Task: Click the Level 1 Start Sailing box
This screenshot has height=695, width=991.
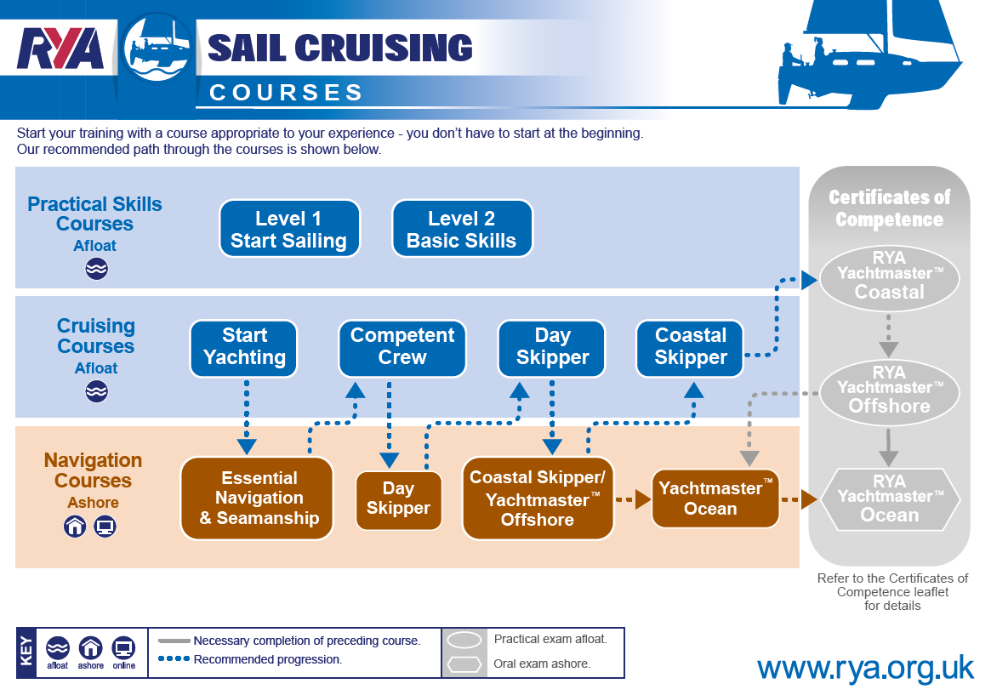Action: click(x=289, y=229)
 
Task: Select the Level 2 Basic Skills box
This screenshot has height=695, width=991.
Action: click(x=462, y=229)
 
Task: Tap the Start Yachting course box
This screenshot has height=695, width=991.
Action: click(x=244, y=349)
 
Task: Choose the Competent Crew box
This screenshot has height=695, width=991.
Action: click(x=402, y=349)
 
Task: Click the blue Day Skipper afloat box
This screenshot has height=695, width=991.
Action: click(x=552, y=349)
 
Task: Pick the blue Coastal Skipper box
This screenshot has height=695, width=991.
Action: click(x=690, y=349)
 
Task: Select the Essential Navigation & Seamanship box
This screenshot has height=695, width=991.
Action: click(x=257, y=498)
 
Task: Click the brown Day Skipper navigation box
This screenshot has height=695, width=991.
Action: click(x=398, y=500)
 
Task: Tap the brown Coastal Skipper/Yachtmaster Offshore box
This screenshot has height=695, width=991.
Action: click(x=538, y=498)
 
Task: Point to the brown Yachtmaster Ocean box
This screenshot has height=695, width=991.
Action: click(x=715, y=498)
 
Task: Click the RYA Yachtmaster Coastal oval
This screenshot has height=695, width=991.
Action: click(x=889, y=278)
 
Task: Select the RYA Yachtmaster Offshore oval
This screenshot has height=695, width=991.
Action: click(x=889, y=391)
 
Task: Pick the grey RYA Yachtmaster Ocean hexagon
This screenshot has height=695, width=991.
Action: click(x=889, y=499)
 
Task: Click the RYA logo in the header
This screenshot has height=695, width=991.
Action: click(x=60, y=48)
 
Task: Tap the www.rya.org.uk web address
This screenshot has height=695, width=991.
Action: click(x=866, y=669)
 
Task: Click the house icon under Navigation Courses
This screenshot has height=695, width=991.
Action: click(x=75, y=527)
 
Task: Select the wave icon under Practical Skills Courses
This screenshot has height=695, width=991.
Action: click(x=97, y=269)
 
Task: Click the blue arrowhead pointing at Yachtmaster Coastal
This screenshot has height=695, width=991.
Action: click(x=810, y=280)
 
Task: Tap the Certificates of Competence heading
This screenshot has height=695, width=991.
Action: click(x=889, y=208)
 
